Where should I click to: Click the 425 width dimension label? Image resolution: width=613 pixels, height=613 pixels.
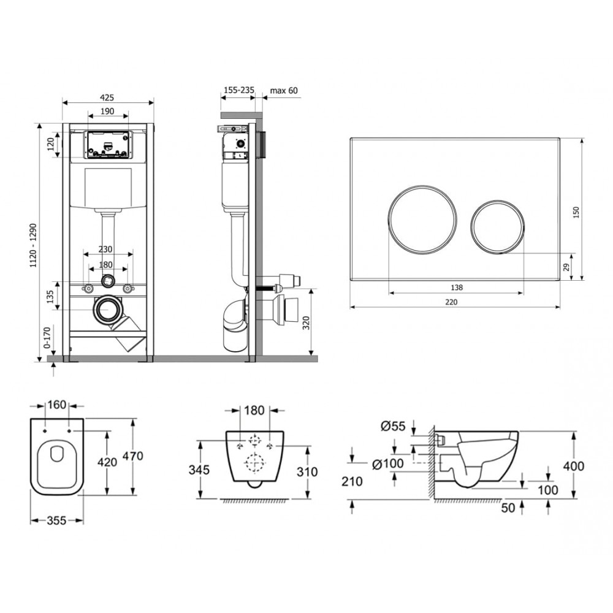click(107, 97)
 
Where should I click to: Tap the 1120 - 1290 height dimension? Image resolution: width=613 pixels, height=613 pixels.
click(33, 246)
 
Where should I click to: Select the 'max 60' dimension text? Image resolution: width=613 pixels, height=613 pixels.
click(284, 91)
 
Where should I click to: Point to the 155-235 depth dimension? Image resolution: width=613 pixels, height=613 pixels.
click(238, 90)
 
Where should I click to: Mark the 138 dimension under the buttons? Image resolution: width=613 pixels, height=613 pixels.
click(457, 287)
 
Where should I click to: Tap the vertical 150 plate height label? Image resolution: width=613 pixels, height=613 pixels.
click(576, 212)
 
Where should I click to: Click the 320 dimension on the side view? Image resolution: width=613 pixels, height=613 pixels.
click(306, 323)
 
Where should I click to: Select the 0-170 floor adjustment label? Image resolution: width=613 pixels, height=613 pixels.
click(47, 337)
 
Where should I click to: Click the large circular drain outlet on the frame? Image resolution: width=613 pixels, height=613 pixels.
click(106, 310)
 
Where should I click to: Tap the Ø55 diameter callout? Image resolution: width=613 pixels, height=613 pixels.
click(393, 426)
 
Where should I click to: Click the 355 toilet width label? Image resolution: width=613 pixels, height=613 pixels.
click(56, 520)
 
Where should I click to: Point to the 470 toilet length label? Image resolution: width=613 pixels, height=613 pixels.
click(133, 456)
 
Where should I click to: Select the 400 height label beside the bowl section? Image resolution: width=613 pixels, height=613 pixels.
click(574, 466)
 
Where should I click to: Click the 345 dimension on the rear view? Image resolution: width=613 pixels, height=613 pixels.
click(199, 470)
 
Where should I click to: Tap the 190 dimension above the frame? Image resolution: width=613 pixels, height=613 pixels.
click(107, 111)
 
